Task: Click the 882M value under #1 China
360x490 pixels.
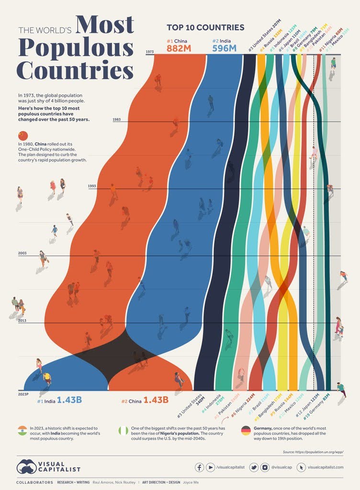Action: coord(179,48)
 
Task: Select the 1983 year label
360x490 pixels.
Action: coord(117,120)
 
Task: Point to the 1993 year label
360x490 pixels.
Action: coord(92,186)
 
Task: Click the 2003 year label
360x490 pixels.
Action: coord(22,253)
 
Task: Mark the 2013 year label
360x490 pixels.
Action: coord(22,321)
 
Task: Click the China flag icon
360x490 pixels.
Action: coord(22,135)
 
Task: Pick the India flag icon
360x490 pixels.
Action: coord(22,430)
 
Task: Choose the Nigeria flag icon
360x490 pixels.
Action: coord(124,430)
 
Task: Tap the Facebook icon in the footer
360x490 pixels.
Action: coord(199,467)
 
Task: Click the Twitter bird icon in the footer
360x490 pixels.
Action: coord(253,467)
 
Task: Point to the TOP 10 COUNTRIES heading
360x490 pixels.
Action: coord(205,27)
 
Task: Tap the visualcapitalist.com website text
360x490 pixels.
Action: coord(326,467)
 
